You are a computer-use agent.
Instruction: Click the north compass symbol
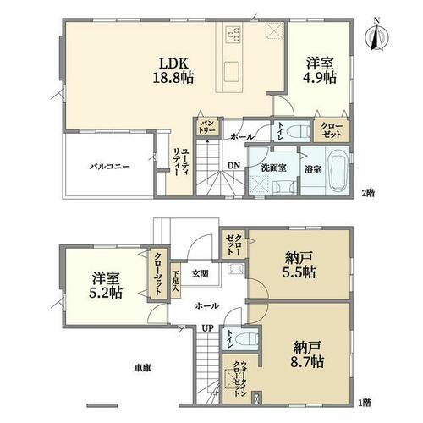377,35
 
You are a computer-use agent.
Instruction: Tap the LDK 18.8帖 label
173,70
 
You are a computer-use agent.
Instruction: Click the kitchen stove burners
233,35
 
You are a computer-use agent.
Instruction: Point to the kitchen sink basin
232,71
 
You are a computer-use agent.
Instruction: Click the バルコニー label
110,167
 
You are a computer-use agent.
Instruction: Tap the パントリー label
208,127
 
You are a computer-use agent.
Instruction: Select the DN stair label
233,166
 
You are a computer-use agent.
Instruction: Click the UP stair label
207,328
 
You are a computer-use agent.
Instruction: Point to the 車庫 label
142,368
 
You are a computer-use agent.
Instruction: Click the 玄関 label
200,274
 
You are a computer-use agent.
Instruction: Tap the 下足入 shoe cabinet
176,281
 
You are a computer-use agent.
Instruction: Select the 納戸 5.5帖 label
299,265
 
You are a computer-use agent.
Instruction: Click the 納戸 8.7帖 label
307,354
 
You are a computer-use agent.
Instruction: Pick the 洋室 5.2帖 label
106,286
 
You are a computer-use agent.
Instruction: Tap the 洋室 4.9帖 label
320,70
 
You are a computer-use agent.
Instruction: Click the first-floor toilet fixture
246,338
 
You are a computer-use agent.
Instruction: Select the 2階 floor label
368,193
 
